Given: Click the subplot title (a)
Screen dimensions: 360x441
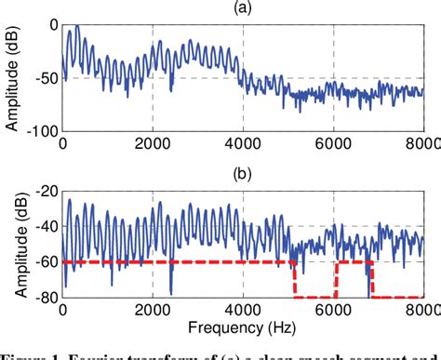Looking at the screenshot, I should pos(243,9).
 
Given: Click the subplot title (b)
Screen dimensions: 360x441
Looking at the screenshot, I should pos(243,174).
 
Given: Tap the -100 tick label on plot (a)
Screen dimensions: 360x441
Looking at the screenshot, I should pos(39,131).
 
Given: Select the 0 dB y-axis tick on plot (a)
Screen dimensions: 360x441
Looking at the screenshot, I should pos(52,24).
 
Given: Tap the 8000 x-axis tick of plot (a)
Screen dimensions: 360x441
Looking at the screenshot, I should pos(422,143).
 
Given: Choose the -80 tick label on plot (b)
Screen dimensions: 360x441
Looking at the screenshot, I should pos(43,297).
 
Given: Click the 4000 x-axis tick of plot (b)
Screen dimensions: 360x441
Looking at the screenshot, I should pos(243,309).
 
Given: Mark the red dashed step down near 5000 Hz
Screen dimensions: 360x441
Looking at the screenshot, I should pos(293,279).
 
